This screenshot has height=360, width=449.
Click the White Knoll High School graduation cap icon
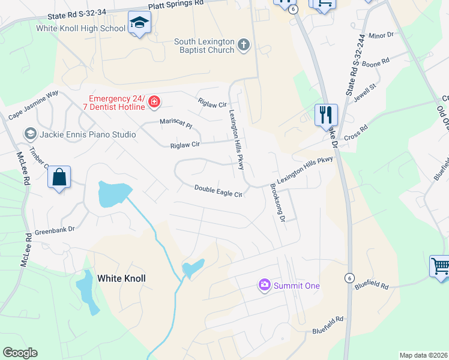139,23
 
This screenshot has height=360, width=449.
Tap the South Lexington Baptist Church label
203,46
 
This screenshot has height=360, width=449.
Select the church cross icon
244,45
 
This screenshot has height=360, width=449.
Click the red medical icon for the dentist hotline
154,103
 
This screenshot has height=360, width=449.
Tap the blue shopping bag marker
59,178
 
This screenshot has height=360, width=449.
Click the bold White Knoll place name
121,278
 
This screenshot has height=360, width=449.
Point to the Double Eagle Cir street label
218,191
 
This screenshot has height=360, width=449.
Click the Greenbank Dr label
54,229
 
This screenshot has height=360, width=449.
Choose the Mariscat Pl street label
175,124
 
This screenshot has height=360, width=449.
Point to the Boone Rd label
376,61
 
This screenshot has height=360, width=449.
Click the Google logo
20,353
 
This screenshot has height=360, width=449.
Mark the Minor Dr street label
381,35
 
